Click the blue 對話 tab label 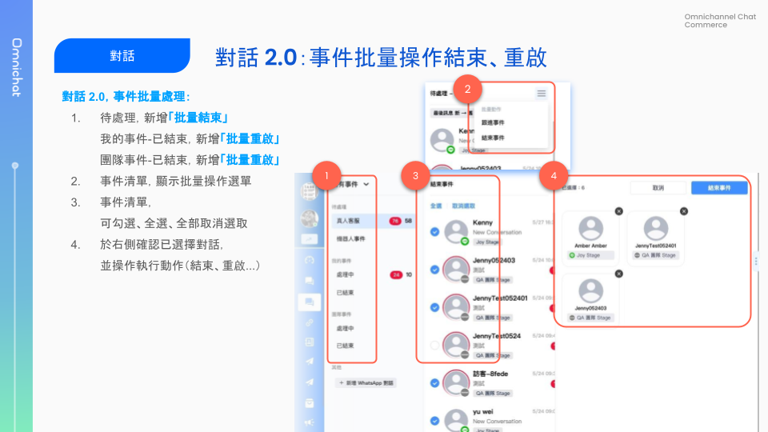[x=122, y=56]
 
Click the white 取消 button [x=658, y=188]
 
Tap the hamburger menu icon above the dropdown [x=542, y=94]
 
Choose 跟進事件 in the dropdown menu [x=493, y=123]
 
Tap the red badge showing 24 [x=395, y=274]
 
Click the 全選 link [x=435, y=206]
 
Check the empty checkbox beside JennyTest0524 [x=434, y=346]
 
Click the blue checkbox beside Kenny [x=434, y=231]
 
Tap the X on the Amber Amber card [x=618, y=210]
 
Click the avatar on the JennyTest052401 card [x=655, y=228]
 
